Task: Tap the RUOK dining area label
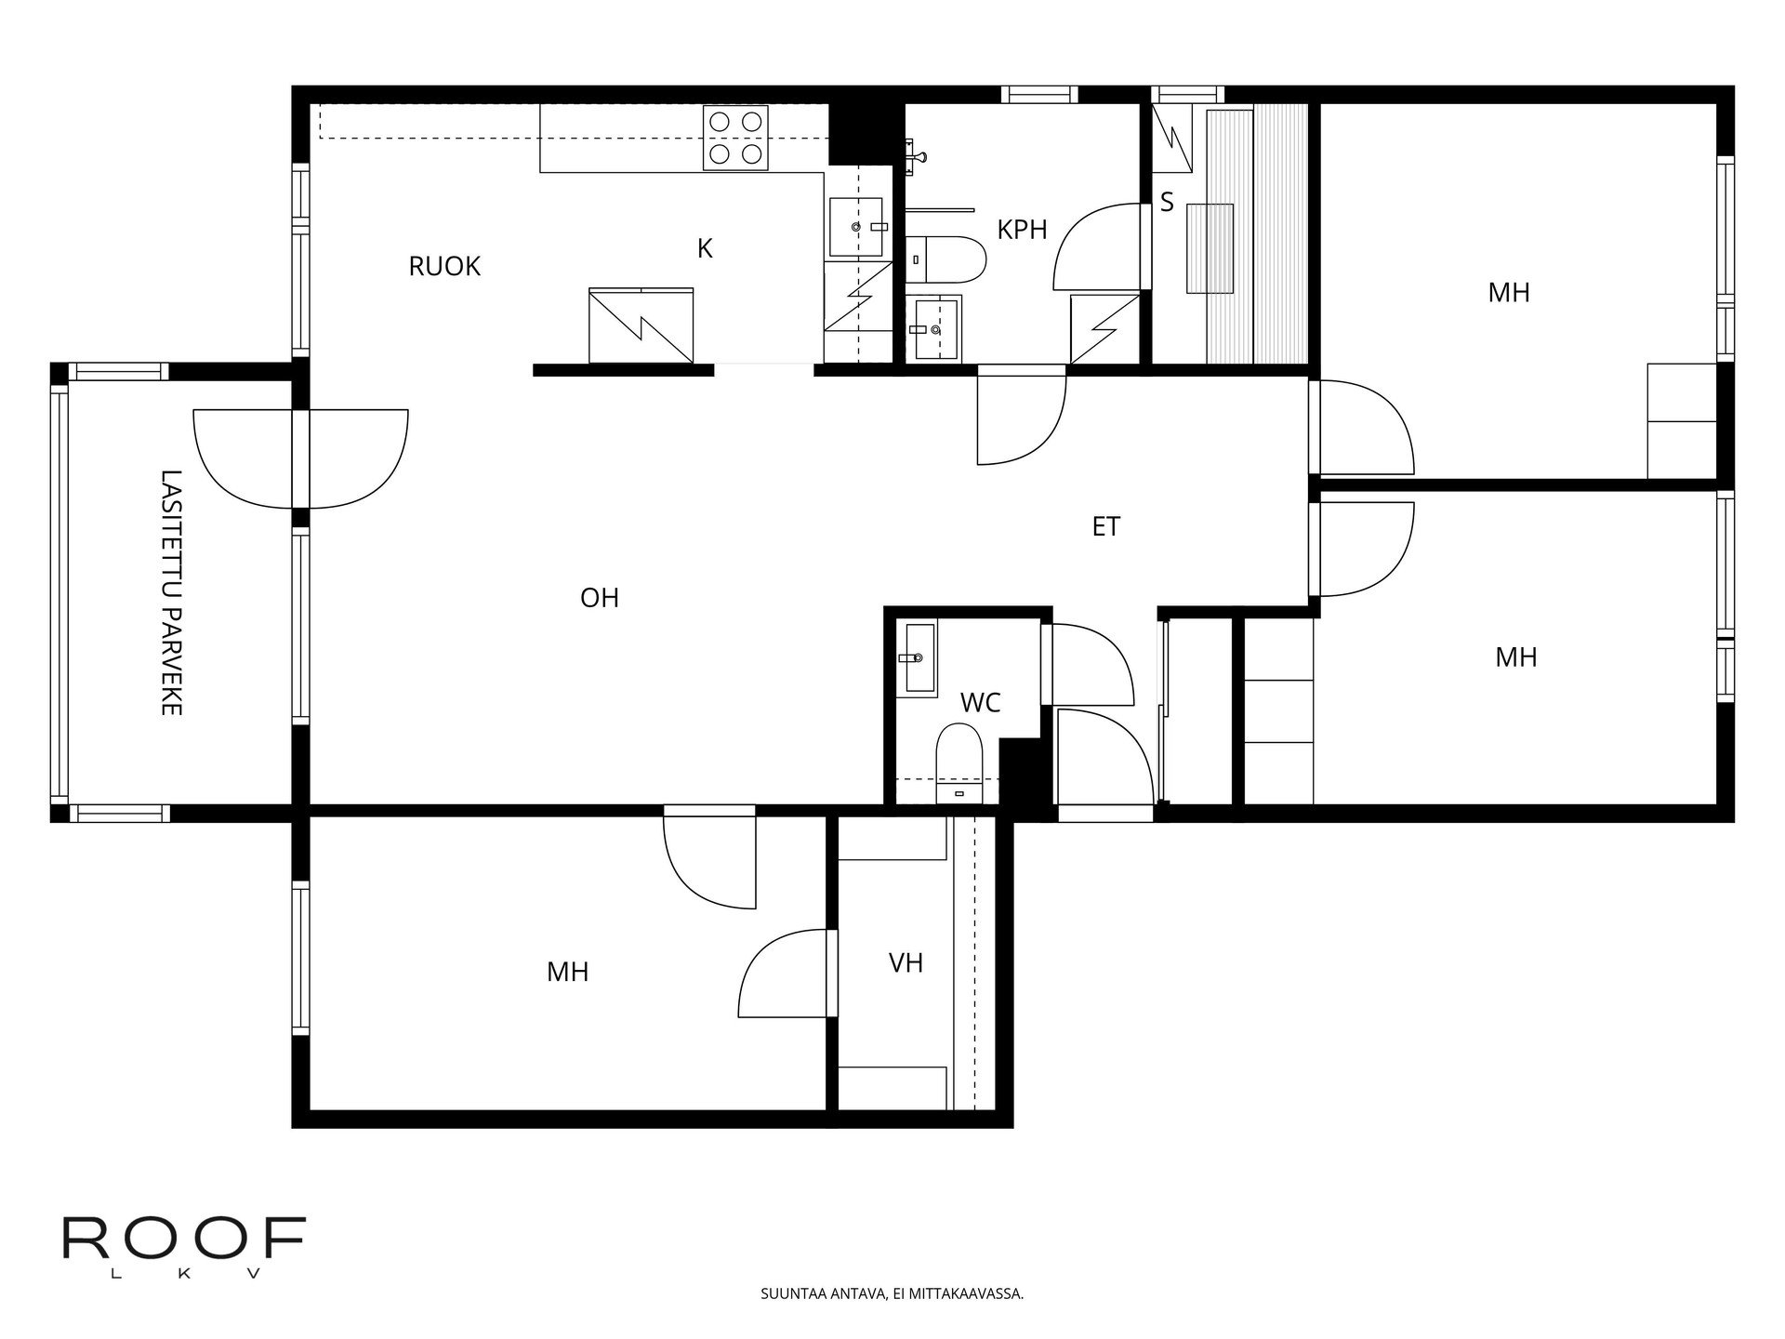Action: (444, 267)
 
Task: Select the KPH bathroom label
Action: (1022, 230)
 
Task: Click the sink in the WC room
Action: (919, 658)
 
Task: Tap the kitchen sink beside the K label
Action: (856, 227)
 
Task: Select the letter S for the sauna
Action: (1168, 203)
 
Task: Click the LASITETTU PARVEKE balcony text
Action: (170, 592)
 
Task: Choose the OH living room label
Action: (600, 598)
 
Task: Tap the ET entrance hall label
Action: (1105, 527)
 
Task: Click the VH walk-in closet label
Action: (906, 963)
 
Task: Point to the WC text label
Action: (980, 703)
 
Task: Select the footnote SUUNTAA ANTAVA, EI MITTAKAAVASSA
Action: (892, 1293)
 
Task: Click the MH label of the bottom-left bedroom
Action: (567, 973)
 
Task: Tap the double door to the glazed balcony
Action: (300, 459)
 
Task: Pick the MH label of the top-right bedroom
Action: (1508, 293)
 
